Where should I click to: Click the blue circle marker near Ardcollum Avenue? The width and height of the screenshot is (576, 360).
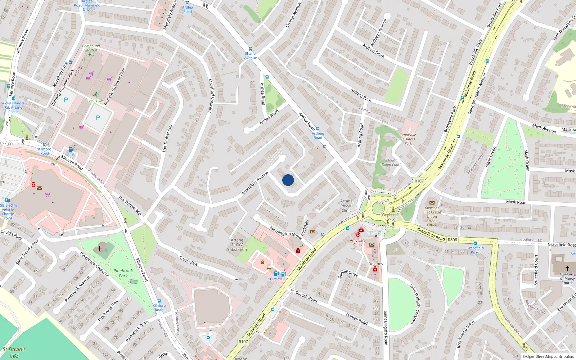tap(288, 180)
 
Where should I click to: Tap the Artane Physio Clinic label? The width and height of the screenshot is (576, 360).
tap(346, 206)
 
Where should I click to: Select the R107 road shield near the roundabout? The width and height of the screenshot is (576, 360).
tap(419, 181)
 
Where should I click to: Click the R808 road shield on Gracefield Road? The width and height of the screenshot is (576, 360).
tap(452, 240)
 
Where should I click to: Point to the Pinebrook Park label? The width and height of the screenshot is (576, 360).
tap(123, 273)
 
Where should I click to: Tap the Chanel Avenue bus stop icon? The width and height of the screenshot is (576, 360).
tap(251, 49)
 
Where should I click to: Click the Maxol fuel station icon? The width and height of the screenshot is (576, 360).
tap(71, 149)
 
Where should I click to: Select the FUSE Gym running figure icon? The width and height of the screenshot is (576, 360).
tap(95, 95)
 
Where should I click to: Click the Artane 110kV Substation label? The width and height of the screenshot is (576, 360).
tap(237, 245)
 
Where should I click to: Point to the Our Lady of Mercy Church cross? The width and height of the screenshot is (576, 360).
tap(567, 268)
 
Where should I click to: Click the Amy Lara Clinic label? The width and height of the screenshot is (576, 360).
tap(357, 242)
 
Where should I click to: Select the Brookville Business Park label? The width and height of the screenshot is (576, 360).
tap(408, 139)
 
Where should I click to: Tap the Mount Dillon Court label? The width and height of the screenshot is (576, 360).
tap(391, 162)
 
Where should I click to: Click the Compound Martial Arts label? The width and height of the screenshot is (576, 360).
tap(91, 50)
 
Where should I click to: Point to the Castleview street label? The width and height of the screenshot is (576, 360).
tap(189, 261)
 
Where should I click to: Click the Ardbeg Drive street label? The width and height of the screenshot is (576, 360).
tap(373, 51)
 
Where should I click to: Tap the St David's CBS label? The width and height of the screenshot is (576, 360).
tap(14, 352)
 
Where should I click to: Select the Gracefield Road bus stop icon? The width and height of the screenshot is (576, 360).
tap(475, 243)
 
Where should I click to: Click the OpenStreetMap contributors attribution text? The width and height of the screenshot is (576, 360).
tap(548, 357)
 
